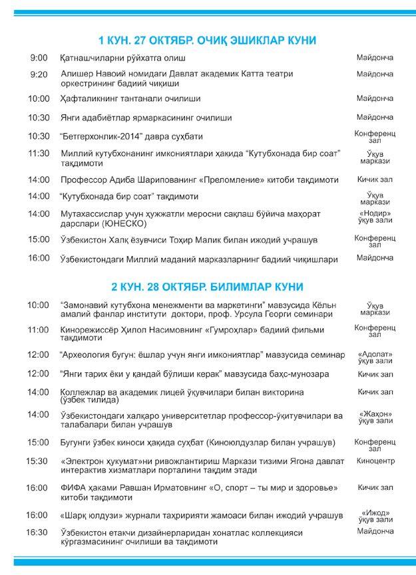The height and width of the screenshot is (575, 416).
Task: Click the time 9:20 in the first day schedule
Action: pos(39,74)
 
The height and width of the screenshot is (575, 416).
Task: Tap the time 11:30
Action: pos(39,153)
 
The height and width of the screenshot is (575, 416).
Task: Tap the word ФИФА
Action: pos(72,488)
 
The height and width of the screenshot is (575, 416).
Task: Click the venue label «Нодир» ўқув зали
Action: pos(375,217)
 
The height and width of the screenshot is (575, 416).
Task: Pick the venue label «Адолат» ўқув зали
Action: pos(375,358)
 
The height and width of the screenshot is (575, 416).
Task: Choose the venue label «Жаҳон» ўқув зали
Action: pos(375,417)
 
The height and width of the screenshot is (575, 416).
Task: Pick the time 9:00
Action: pos(39,58)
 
